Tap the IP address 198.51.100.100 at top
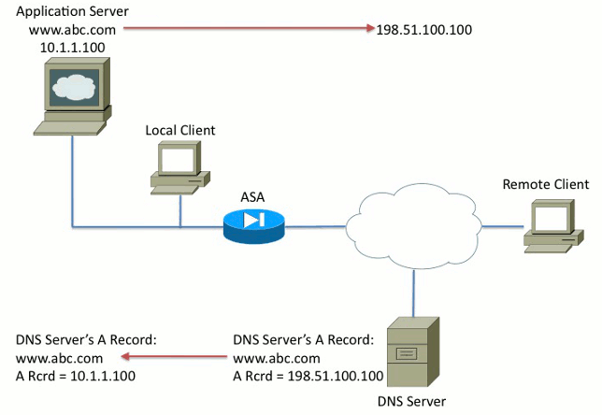(423, 30)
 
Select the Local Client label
(179, 129)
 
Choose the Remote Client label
(546, 184)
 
